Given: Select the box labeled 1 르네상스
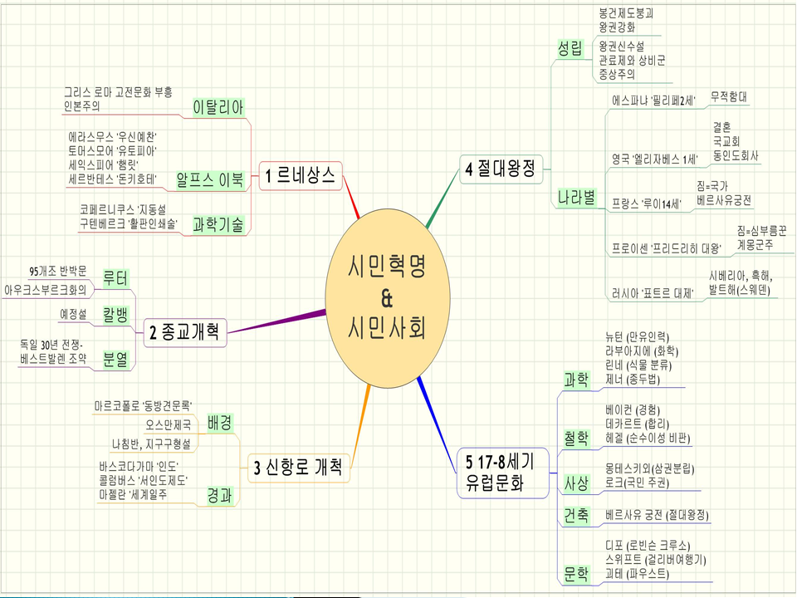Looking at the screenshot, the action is click(x=300, y=175).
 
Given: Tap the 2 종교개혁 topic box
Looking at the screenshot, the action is click(x=184, y=333).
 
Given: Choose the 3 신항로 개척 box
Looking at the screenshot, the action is click(x=298, y=467).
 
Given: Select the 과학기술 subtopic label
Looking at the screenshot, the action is click(x=218, y=223).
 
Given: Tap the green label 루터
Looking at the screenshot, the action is click(x=115, y=278).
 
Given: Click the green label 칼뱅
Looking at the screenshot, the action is click(x=115, y=315).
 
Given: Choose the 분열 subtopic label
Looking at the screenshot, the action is click(x=115, y=359).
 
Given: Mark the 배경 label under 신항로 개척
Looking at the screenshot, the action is click(x=220, y=422).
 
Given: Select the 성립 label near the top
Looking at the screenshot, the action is click(x=570, y=50).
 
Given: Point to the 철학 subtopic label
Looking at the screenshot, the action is click(x=576, y=438).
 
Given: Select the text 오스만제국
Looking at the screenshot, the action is click(x=168, y=424).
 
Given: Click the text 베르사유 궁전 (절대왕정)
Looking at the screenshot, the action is click(x=658, y=515).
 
